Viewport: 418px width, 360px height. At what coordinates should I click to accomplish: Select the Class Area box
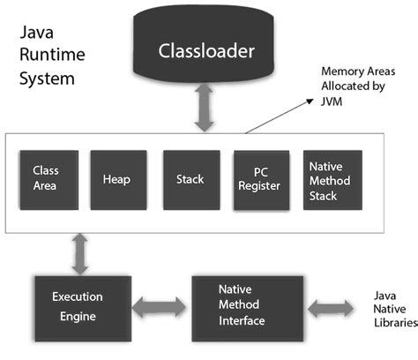point(46,177)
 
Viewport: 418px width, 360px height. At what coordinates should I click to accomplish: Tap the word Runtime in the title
point(52,58)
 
